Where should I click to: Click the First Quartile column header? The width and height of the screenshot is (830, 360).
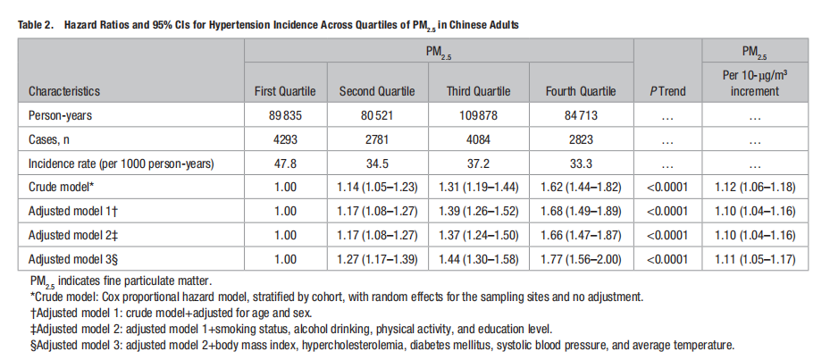[x=285, y=91]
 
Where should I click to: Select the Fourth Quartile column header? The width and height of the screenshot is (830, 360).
[x=581, y=91]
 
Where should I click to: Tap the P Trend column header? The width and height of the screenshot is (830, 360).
[x=667, y=91]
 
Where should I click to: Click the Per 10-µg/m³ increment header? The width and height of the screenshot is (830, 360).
[x=755, y=83]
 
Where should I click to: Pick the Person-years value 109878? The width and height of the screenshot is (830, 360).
[x=479, y=115]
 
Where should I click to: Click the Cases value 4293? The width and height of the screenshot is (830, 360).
[x=286, y=139]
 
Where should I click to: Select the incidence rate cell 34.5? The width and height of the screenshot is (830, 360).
[x=377, y=163]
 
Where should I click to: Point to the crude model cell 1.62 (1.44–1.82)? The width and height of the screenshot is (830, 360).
[x=581, y=188]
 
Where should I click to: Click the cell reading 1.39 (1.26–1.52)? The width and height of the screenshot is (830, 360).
[x=479, y=211]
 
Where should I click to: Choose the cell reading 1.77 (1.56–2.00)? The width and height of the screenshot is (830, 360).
[x=581, y=259]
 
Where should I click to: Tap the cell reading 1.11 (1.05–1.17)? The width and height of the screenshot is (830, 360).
[x=755, y=259]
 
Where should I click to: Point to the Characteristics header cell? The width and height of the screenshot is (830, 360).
[x=64, y=91]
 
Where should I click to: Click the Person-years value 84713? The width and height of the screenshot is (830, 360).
[x=581, y=115]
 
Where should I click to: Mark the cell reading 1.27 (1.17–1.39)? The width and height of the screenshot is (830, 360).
[x=377, y=259]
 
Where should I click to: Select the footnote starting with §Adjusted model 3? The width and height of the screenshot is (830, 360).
[x=382, y=345]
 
